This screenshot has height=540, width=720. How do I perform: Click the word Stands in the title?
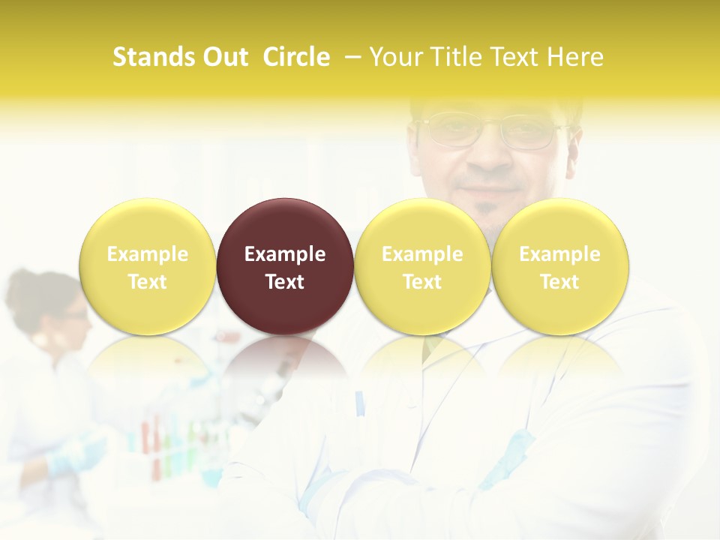[x=153, y=57]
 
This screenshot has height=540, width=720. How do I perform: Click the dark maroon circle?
[x=285, y=266]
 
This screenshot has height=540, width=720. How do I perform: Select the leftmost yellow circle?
[x=147, y=266]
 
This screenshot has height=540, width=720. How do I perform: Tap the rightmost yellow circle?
[x=560, y=266]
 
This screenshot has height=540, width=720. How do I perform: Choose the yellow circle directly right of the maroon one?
[x=422, y=266]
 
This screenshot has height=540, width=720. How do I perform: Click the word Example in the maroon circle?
[x=285, y=254]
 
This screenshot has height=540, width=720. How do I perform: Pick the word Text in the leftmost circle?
[x=147, y=282]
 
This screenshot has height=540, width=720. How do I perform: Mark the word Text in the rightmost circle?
[x=560, y=282]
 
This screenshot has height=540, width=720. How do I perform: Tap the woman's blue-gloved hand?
[x=79, y=453]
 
